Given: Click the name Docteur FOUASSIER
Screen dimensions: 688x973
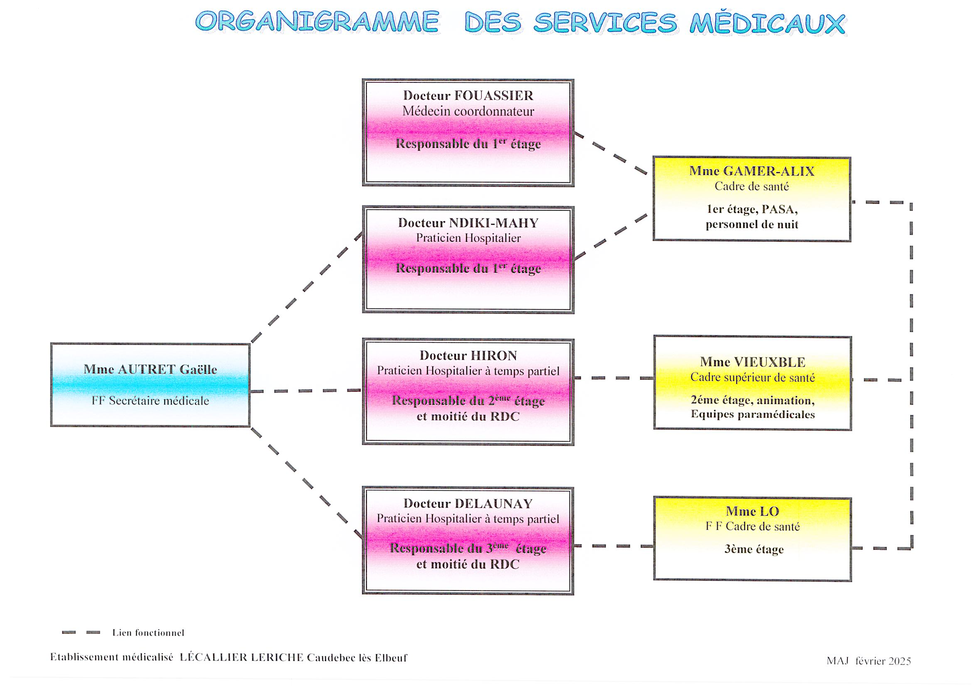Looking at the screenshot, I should coord(468,96).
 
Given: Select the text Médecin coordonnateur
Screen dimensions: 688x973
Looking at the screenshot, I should coord(468,112).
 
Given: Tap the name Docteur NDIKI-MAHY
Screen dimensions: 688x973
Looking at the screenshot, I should coord(468,223).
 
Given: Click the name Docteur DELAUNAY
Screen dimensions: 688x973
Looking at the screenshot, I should coord(468,504).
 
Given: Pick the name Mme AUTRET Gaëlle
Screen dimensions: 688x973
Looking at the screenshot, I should coord(150,369).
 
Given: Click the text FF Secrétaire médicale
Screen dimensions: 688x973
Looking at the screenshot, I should coord(150,400).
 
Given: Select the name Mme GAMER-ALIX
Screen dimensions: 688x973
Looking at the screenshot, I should coord(752,171).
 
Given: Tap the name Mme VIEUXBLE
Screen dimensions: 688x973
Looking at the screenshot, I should coord(753,362).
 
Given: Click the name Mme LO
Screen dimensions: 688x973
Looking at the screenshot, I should coord(752,511).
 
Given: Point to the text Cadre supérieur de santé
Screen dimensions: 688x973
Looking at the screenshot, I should coord(753,377).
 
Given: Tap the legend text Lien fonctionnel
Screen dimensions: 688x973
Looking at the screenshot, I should coord(148,633).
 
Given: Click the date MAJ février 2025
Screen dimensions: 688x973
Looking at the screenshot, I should coord(868,661).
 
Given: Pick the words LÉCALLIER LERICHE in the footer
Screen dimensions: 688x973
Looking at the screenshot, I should coord(242,658).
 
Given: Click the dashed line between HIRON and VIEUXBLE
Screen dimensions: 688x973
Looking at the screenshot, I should coord(613,378).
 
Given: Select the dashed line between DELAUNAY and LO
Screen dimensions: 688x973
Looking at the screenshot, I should coord(613,546).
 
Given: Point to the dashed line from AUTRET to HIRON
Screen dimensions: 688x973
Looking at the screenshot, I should coord(305,391).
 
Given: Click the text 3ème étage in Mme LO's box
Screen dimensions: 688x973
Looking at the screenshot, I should coord(754,549).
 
